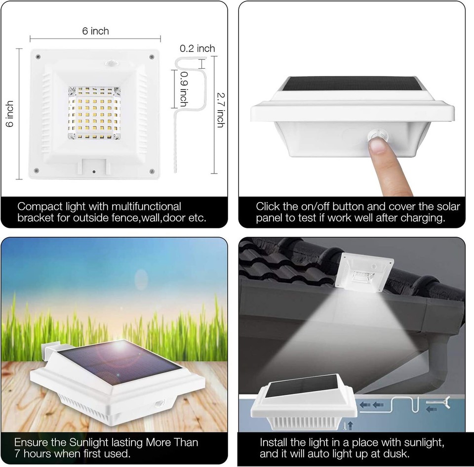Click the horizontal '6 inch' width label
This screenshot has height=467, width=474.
coord(96,31)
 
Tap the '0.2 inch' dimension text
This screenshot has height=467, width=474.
coord(197,48)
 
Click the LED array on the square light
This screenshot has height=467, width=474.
coord(94,112)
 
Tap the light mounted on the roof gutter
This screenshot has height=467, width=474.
coord(364,271)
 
